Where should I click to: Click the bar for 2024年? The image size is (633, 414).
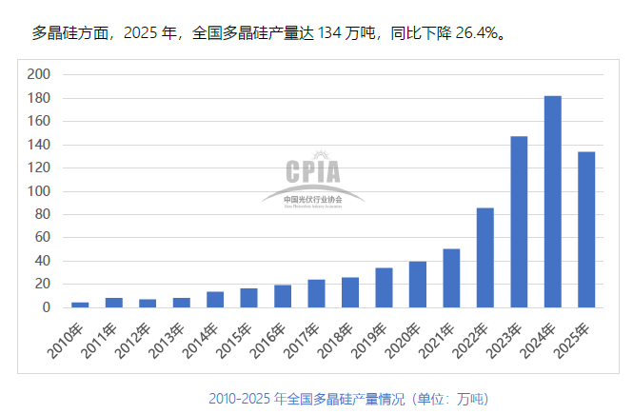coord(552,202)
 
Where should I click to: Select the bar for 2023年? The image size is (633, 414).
coord(519,222)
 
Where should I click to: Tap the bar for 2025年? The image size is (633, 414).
coord(586,229)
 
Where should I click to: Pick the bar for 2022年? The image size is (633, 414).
coord(485,257)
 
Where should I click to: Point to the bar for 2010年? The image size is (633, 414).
coord(80,305)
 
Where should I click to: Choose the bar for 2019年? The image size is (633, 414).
coord(384,287)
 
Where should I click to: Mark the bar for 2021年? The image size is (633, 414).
coord(451,278)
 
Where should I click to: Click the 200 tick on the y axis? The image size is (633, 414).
coord(39,74)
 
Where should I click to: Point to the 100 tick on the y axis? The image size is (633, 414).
coord(39,191)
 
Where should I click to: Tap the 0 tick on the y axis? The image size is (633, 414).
coord(46,307)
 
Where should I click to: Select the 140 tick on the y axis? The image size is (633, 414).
coord(39,145)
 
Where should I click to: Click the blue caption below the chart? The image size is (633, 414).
coord(348,397)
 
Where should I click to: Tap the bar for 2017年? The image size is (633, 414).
coord(316,293)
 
